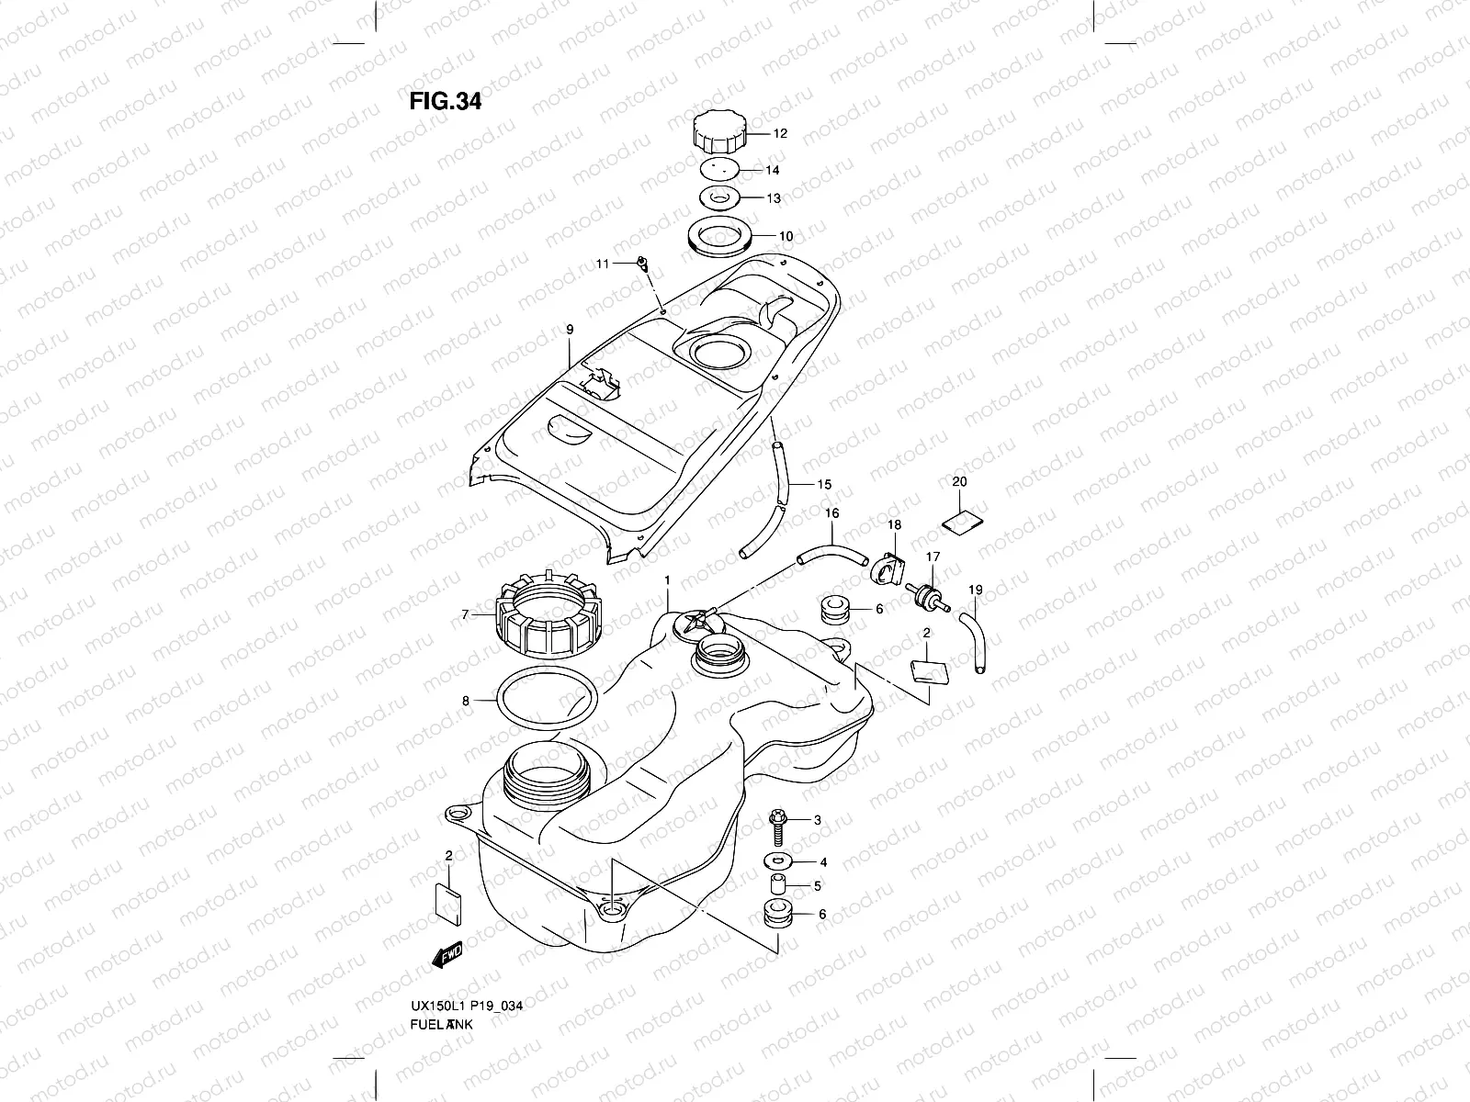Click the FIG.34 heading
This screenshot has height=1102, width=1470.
[446, 101]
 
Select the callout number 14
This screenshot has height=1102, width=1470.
[773, 170]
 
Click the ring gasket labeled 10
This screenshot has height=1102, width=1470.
[721, 239]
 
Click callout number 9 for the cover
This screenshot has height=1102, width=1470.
[570, 329]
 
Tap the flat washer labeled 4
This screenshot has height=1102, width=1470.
[779, 861]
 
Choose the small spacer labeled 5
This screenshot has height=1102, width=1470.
[777, 886]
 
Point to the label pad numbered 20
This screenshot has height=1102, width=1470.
[961, 520]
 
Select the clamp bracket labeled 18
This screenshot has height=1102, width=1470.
[885, 567]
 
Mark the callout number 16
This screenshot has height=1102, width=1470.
[831, 514]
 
